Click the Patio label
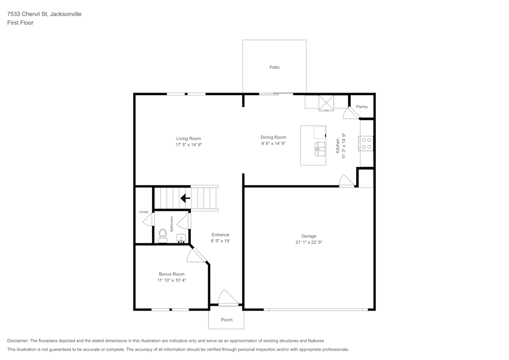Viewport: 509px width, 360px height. pyautogui.click(x=274, y=67)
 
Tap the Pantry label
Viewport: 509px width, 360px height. pyautogui.click(x=362, y=107)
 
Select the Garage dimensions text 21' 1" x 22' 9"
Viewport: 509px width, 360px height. pyautogui.click(x=308, y=242)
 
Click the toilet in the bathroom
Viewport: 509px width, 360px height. pyautogui.click(x=162, y=235)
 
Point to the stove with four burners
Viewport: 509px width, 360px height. pyautogui.click(x=366, y=143)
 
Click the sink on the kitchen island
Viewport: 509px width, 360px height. pyautogui.click(x=320, y=148)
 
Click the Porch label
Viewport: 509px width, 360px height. pyautogui.click(x=227, y=320)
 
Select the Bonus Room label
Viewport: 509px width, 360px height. pyautogui.click(x=172, y=274)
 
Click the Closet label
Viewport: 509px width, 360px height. pyautogui.click(x=144, y=212)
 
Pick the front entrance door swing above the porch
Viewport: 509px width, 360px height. pyautogui.click(x=228, y=298)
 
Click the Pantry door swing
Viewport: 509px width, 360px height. pyautogui.click(x=350, y=113)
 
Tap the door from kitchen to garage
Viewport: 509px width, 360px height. pyautogui.click(x=346, y=181)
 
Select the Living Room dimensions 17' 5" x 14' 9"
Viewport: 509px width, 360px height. pyautogui.click(x=188, y=145)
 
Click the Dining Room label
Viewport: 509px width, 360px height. pyautogui.click(x=273, y=137)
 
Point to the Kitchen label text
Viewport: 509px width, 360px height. pyautogui.click(x=337, y=146)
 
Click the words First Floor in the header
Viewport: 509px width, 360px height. pyautogui.click(x=20, y=23)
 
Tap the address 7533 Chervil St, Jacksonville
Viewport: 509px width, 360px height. pyautogui.click(x=44, y=14)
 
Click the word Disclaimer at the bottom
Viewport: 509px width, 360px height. pyautogui.click(x=18, y=341)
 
